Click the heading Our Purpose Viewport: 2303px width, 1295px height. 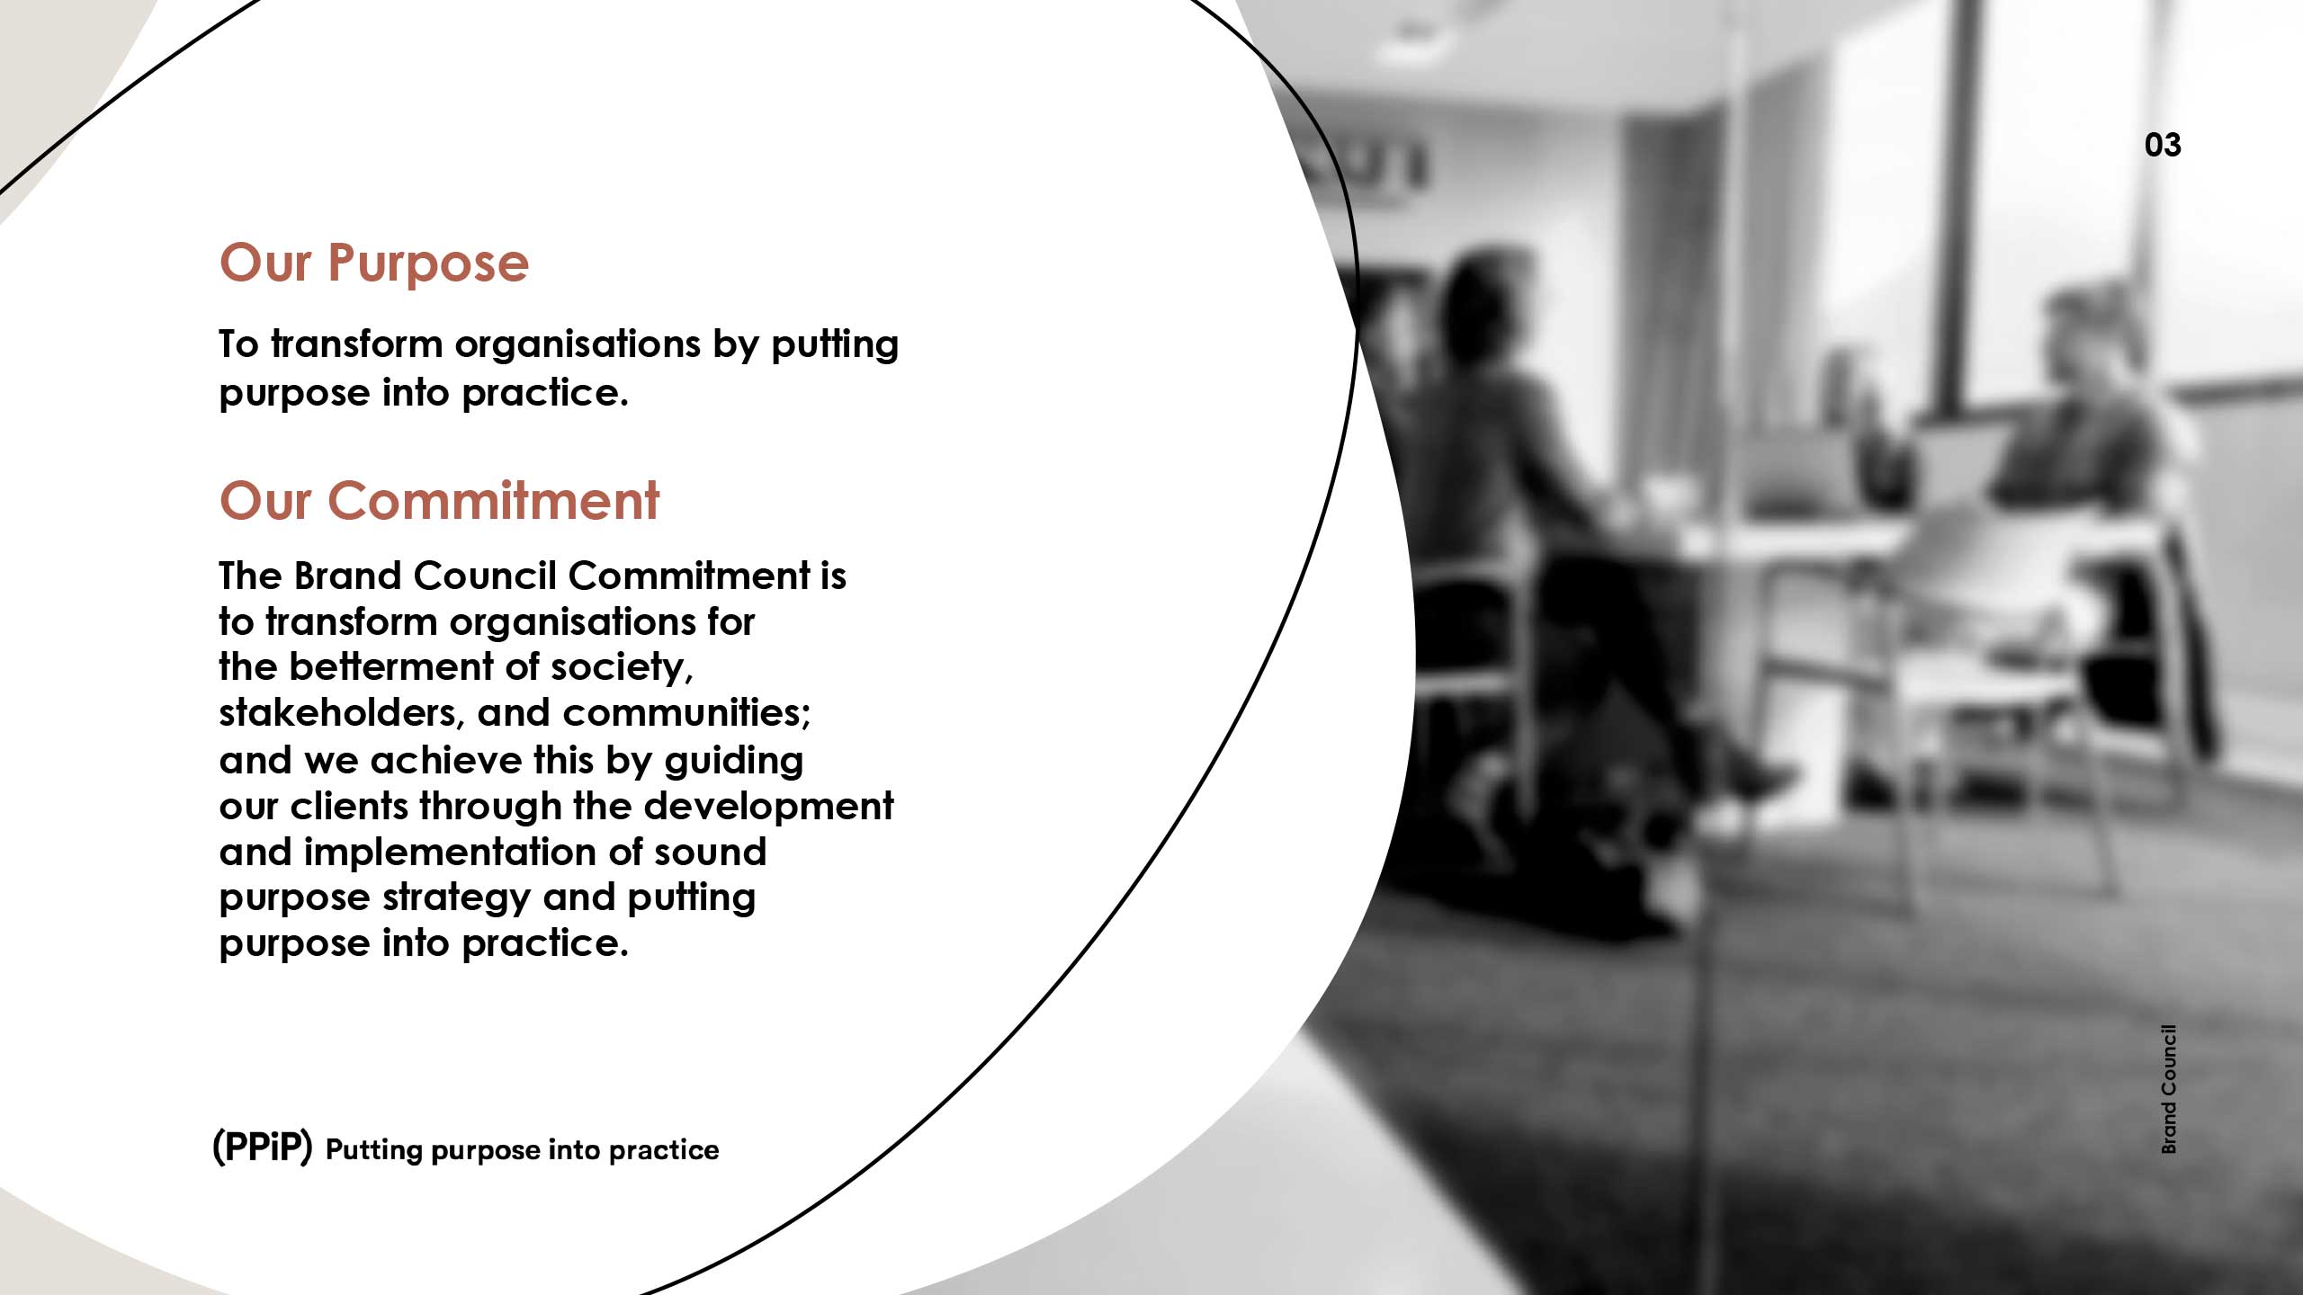click(374, 263)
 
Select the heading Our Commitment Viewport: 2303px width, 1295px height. click(439, 500)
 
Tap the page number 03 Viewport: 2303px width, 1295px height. click(2163, 145)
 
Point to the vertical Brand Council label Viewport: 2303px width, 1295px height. click(2169, 1089)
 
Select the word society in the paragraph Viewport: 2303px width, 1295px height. click(622, 668)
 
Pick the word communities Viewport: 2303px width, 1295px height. click(687, 713)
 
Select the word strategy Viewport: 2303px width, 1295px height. click(457, 898)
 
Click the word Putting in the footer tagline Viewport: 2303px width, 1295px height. click(373, 1151)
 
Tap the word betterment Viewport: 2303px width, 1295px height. click(391, 667)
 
